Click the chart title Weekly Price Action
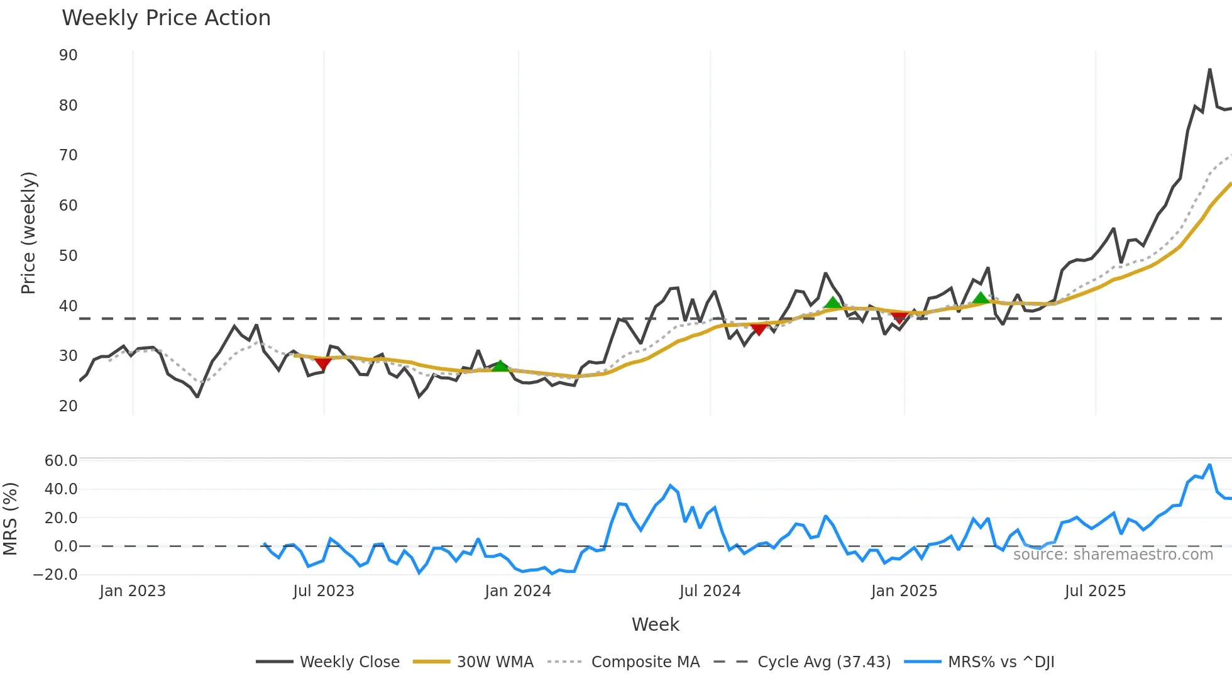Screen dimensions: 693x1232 (x=166, y=18)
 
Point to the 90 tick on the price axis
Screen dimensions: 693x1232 (x=69, y=55)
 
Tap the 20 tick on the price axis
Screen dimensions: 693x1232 (x=69, y=406)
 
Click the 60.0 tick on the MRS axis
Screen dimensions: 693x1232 (x=61, y=461)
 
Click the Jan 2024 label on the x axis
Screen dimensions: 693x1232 (x=518, y=591)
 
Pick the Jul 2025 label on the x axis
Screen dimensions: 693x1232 (x=1095, y=591)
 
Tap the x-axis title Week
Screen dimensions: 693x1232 (x=655, y=624)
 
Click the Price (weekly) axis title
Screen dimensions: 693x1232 (x=28, y=233)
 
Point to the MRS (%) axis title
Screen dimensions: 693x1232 (x=10, y=519)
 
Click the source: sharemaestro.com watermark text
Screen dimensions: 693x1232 (x=1113, y=555)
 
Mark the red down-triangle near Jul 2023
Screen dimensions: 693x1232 (x=322, y=363)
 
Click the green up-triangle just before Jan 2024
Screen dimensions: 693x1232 (x=500, y=366)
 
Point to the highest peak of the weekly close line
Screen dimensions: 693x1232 (x=1209, y=70)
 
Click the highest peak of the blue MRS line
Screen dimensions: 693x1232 (x=1209, y=465)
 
